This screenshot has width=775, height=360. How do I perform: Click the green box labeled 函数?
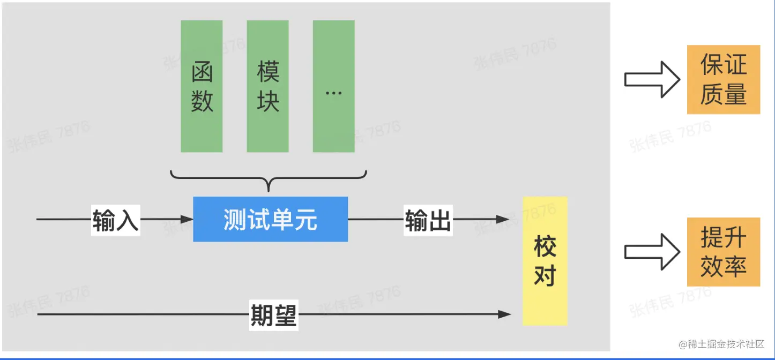click(x=202, y=86)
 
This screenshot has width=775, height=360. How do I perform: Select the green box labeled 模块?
click(x=267, y=86)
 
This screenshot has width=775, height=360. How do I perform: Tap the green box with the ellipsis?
click(x=333, y=86)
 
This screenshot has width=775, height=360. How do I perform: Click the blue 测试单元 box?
click(x=270, y=219)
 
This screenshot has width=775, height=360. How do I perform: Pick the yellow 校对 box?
click(x=545, y=261)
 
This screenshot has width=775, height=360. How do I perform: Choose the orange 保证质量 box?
click(x=724, y=80)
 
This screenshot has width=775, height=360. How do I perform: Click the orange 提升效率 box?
click(x=724, y=252)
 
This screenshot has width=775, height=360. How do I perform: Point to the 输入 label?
click(x=115, y=220)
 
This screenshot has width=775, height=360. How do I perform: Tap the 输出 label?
click(x=428, y=220)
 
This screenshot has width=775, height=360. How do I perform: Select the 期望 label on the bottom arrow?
click(x=273, y=314)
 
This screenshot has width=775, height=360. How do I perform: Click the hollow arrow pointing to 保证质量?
click(x=652, y=80)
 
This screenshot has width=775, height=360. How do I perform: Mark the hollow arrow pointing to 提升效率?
click(x=652, y=252)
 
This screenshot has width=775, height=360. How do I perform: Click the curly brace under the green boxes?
click(x=268, y=179)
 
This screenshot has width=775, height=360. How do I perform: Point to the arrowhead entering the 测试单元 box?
click(x=187, y=219)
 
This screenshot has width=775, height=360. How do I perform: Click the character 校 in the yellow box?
click(x=545, y=247)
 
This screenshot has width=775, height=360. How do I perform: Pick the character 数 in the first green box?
click(x=202, y=101)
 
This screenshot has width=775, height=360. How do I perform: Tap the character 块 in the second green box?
click(x=268, y=101)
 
